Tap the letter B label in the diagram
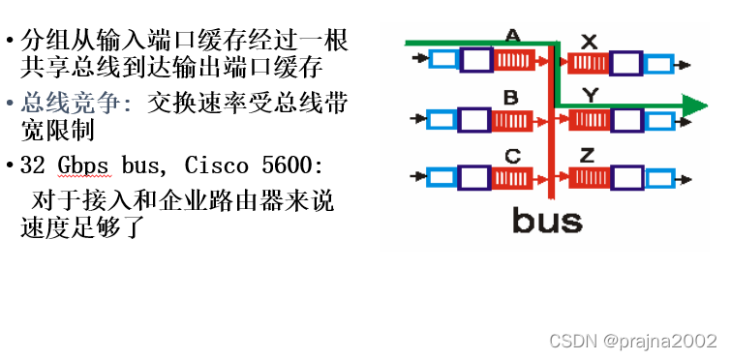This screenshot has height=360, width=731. point(512,97)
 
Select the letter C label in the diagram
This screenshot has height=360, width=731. point(513,156)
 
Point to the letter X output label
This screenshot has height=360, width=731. point(589,41)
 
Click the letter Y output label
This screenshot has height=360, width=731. point(589,97)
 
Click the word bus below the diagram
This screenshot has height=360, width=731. point(547,220)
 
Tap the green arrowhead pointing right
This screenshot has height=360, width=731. point(695,104)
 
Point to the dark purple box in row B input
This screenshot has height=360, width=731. point(474,120)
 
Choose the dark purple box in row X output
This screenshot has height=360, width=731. point(625,64)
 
